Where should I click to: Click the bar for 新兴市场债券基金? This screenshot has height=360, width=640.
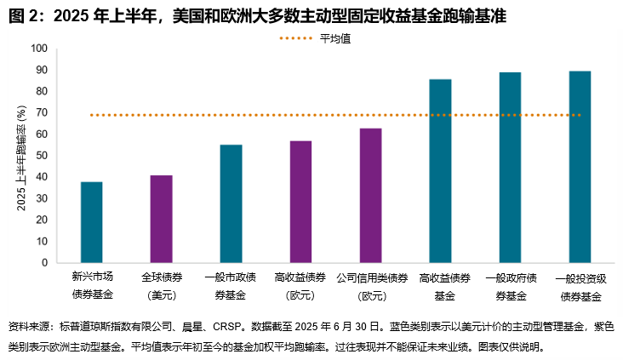[x=92, y=222]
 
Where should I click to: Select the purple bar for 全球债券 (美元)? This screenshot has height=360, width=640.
[x=162, y=219]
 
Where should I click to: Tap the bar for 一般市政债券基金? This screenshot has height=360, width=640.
[x=231, y=203]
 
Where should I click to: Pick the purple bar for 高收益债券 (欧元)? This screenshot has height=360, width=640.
[x=301, y=202]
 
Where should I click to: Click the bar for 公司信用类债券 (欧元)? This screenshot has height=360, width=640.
[x=371, y=196]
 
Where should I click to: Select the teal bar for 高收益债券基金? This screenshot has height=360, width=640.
[x=441, y=171]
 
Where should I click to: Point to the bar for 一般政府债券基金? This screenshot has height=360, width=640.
[x=511, y=168]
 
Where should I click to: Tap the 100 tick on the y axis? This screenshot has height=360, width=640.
[x=39, y=49]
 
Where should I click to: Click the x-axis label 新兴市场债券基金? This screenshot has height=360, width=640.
[x=92, y=286]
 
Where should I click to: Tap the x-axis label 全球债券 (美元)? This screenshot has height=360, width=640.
[x=162, y=286]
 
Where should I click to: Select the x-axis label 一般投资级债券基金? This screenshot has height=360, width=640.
[x=580, y=287]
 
